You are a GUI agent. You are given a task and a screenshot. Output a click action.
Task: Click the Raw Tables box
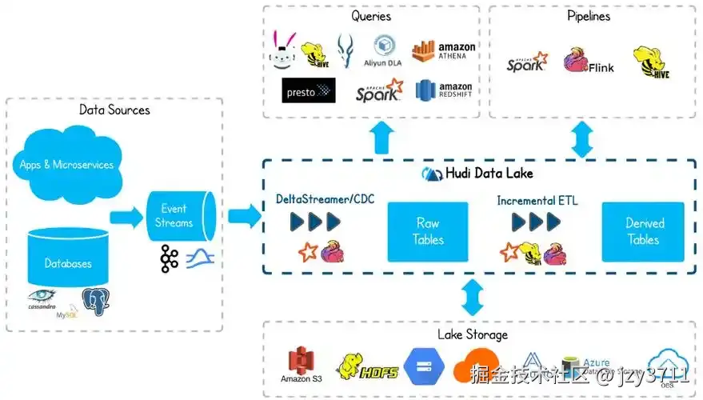428,231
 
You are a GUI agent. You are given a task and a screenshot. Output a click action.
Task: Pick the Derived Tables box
643,231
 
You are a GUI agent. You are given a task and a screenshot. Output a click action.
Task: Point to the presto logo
308,91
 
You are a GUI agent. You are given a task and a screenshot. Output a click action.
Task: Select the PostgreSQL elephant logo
95,302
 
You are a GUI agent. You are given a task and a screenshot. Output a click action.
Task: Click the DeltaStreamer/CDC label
325,199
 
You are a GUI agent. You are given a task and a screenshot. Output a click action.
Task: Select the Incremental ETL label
537,200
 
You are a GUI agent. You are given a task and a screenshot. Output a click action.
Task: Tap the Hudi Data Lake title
477,174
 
